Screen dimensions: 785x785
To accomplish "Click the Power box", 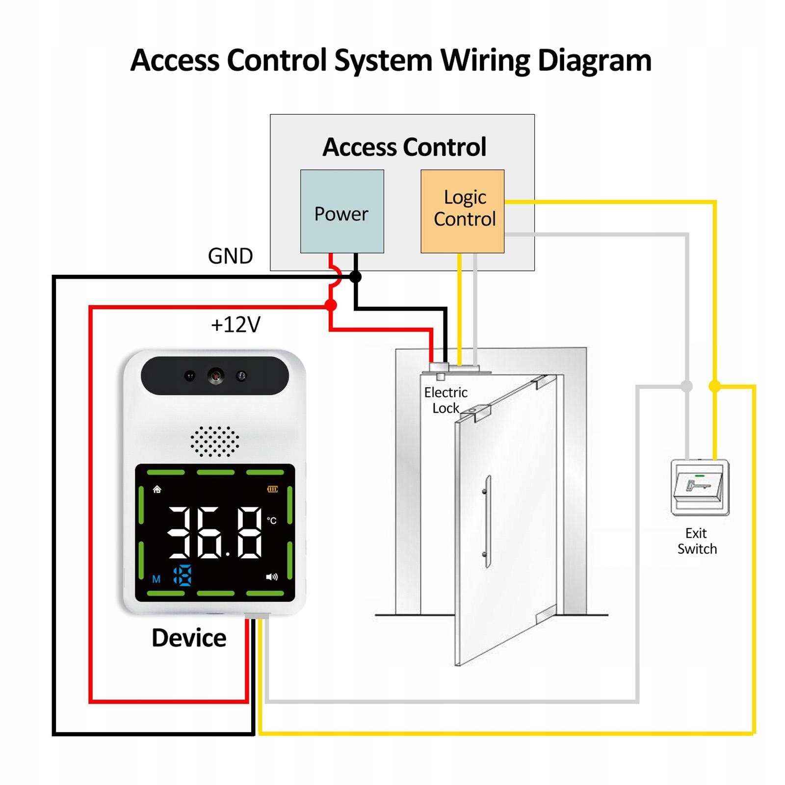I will [x=342, y=211].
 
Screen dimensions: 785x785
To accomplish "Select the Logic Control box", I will [x=462, y=211].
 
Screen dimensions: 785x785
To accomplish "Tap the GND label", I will [x=230, y=256].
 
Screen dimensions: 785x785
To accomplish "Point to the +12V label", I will [x=235, y=325].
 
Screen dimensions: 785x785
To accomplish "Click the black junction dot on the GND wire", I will [x=356, y=277].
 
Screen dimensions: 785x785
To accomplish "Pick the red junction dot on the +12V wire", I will [x=331, y=306].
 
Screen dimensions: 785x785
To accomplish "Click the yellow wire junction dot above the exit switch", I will [x=715, y=386].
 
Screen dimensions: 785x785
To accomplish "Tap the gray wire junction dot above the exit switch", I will [x=687, y=386].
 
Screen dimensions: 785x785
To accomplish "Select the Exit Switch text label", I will [x=697, y=541].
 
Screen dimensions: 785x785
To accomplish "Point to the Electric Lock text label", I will [x=445, y=400].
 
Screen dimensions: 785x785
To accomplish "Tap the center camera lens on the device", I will [x=215, y=376].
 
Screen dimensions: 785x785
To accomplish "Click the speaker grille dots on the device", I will [x=215, y=441].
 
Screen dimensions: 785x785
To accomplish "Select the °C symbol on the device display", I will [x=272, y=521].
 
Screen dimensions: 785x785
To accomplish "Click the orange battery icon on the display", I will [x=272, y=489].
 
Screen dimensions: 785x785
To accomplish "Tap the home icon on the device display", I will [x=157, y=489].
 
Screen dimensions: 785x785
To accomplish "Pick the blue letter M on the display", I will [x=156, y=579].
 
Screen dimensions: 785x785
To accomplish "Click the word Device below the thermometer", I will [x=189, y=638].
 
